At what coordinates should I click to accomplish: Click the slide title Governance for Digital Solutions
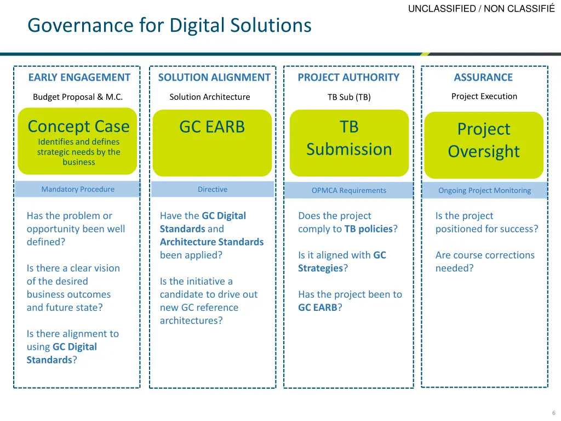tap(169, 25)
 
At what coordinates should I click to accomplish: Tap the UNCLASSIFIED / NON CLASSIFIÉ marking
tap(482, 8)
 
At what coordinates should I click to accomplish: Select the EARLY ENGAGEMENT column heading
tap(79, 77)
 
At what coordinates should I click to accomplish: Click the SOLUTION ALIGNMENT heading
tap(214, 77)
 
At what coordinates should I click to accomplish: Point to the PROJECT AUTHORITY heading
tap(348, 77)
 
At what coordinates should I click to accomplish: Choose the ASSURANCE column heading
tap(483, 77)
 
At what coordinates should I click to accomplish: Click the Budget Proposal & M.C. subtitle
tap(78, 97)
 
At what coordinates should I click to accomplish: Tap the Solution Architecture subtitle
tap(209, 97)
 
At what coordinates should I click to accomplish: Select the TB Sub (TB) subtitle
tap(349, 97)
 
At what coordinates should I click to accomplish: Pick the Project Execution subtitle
tap(484, 96)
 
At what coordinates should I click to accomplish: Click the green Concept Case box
tap(78, 141)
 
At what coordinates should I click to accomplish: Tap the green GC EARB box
tap(212, 143)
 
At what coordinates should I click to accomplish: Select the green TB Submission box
tap(349, 143)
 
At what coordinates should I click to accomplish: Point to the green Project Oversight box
tap(484, 145)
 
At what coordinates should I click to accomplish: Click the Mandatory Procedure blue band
tap(78, 189)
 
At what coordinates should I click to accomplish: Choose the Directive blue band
tap(213, 189)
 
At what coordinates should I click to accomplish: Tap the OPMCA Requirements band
tap(349, 190)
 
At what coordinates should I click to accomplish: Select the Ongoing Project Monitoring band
tap(484, 190)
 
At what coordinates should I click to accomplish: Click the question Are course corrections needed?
tap(484, 261)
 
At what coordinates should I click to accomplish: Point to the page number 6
tap(554, 413)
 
